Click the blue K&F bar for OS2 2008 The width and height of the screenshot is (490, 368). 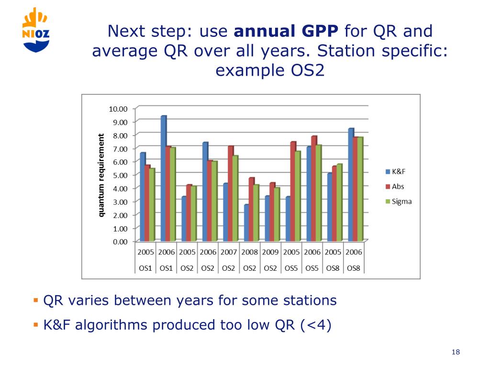point(246,223)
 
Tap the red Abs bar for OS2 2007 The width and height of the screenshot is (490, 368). point(230,194)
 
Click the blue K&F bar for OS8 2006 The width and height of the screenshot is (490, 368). point(351,185)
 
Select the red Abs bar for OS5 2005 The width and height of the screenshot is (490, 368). point(292,192)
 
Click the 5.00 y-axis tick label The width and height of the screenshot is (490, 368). point(120,175)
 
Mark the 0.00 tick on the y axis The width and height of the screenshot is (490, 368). point(120,241)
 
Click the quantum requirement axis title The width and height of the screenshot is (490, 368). point(101,175)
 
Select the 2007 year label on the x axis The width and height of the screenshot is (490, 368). point(229,252)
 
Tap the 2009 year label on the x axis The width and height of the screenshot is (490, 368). point(270,252)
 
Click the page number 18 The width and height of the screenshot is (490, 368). point(455,353)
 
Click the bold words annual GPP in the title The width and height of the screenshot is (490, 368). point(286,32)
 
